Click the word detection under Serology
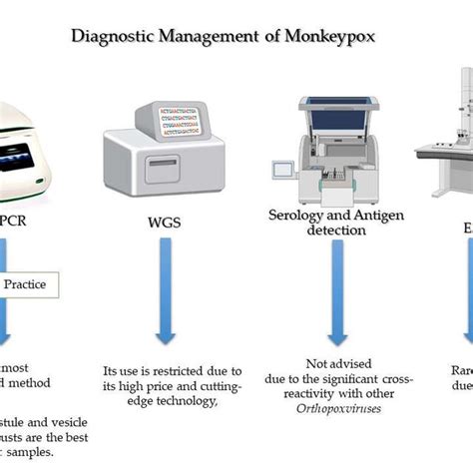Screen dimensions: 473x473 [337, 230]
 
